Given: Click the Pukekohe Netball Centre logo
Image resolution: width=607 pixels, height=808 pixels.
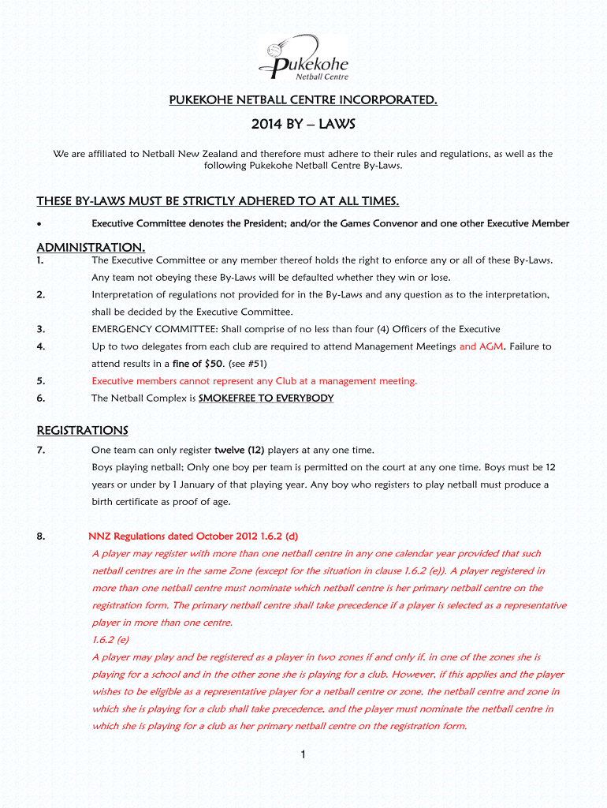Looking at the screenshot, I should click(303, 57).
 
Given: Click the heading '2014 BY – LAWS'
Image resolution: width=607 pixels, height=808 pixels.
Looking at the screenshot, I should click(303, 125).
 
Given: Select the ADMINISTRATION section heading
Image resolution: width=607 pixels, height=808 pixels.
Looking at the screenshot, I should click(91, 247).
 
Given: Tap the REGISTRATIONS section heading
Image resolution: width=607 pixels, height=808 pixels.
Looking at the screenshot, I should click(82, 430).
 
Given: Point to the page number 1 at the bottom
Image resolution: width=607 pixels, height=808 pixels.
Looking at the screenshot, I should click(303, 755).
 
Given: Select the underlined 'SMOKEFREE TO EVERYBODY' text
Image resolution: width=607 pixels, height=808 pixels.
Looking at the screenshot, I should click(266, 398).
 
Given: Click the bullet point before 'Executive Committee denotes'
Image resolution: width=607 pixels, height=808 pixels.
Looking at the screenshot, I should click(39, 224).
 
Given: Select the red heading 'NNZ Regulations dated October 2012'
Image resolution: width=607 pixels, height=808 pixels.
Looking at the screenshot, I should click(173, 537).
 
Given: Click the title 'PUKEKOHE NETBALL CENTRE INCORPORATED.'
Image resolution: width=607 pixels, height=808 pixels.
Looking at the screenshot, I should click(303, 99).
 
